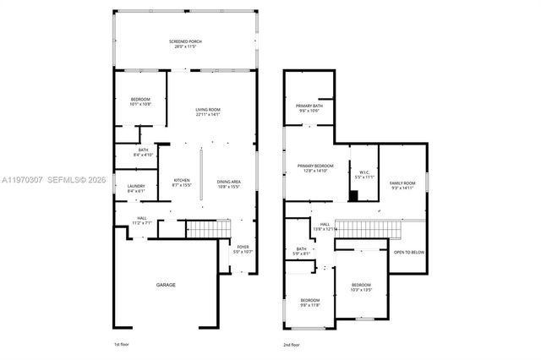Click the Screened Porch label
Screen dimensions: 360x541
(x=185, y=43)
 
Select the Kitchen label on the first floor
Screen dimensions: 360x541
(x=182, y=183)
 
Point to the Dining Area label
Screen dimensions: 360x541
(x=230, y=183)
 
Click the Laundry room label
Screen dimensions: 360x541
(x=137, y=188)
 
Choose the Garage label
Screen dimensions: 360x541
(x=166, y=285)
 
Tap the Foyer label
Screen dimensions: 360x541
(x=243, y=249)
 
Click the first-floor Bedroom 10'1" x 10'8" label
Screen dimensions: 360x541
(x=140, y=102)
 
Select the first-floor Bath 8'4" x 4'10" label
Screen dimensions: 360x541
(x=142, y=152)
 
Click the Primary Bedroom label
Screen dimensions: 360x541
(x=315, y=168)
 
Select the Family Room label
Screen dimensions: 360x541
(x=402, y=186)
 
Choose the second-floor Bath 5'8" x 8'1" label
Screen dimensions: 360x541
(x=302, y=251)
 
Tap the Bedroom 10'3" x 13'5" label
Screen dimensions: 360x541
(x=361, y=287)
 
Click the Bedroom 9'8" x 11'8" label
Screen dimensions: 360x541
(x=310, y=303)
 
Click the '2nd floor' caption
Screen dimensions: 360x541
(x=292, y=345)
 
